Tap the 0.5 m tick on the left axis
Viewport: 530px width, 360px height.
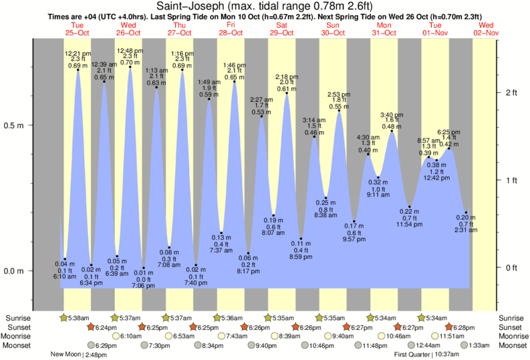pyautogui.click(x=15, y=126)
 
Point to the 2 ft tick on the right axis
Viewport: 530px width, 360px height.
pyautogui.click(x=511, y=92)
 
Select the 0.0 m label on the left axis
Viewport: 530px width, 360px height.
pyautogui.click(x=15, y=271)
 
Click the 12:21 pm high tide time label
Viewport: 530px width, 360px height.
pyautogui.click(x=78, y=53)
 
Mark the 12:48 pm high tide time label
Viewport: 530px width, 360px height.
pyautogui.click(x=130, y=51)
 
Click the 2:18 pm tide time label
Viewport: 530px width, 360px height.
pyautogui.click(x=287, y=76)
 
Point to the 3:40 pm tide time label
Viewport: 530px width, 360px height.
pyautogui.click(x=392, y=114)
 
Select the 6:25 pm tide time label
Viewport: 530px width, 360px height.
pyautogui.click(x=449, y=132)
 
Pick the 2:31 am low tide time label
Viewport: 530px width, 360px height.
pyautogui.click(x=466, y=230)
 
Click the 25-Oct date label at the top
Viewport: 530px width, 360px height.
pyautogui.click(x=77, y=33)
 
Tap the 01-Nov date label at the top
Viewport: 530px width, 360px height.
pyautogui.click(x=436, y=33)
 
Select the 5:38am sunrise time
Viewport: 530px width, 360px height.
pyautogui.click(x=75, y=318)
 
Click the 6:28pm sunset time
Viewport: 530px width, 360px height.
pyautogui.click(x=465, y=327)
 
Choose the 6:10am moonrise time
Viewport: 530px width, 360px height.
pyautogui.click(x=129, y=336)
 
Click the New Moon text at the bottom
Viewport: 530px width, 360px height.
pyautogui.click(x=65, y=354)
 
